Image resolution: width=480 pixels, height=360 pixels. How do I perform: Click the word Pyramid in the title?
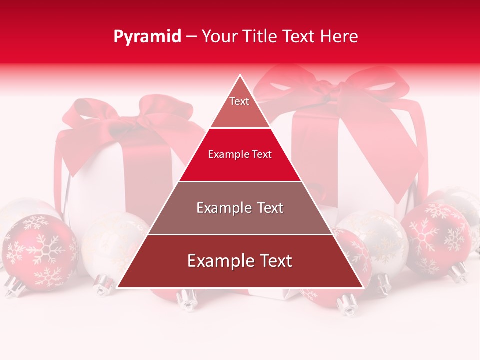click(147, 37)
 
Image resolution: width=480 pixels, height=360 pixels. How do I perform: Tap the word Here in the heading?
click(339, 36)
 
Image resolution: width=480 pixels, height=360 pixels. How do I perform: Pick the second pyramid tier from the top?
click(240, 155)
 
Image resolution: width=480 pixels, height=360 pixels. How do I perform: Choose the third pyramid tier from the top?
click(240, 208)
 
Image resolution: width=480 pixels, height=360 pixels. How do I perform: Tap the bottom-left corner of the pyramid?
click(118, 287)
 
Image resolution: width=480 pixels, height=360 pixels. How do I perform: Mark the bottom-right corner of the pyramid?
click(362, 287)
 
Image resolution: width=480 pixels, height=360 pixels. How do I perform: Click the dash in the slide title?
click(191, 37)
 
